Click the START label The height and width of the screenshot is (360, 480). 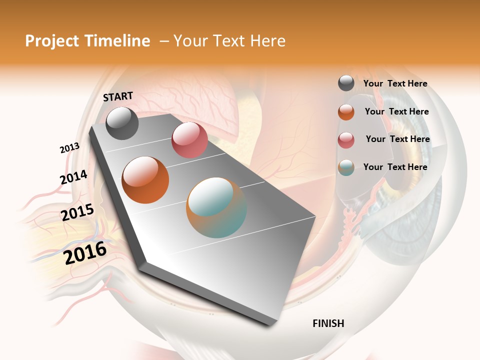click(118, 96)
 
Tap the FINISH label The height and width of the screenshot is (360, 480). click(328, 323)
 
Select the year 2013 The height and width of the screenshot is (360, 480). click(69, 148)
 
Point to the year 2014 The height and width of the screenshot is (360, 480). click(73, 177)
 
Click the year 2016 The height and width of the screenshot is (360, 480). click(85, 252)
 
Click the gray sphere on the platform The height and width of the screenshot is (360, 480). click(122, 123)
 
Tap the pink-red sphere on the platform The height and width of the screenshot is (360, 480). click(189, 140)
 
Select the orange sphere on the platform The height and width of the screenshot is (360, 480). click(145, 180)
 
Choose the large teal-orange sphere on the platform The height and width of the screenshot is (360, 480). click(216, 207)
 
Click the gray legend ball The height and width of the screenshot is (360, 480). click(346, 83)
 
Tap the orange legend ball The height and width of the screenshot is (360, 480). click(346, 112)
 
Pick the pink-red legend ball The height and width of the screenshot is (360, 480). click(346, 140)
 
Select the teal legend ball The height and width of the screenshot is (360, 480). click(346, 167)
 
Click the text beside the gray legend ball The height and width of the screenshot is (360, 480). click(395, 83)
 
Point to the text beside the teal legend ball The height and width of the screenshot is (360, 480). click(395, 167)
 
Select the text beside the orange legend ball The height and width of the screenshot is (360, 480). click(396, 111)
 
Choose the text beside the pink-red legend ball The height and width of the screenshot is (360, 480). click(397, 139)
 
